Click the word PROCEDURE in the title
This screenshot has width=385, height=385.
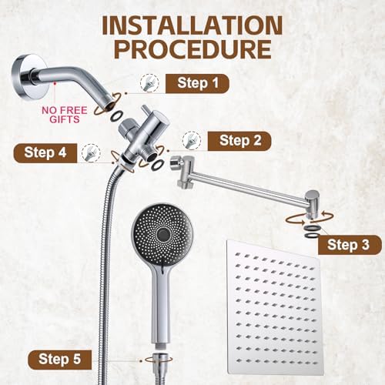pos(192,50)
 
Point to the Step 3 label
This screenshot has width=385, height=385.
pos(348,245)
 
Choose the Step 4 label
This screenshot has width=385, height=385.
pos(46,152)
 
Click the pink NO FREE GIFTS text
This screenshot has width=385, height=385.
pos(65,114)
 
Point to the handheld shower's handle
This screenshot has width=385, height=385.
pos(164,304)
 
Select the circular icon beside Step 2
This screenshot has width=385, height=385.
pos(189,140)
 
